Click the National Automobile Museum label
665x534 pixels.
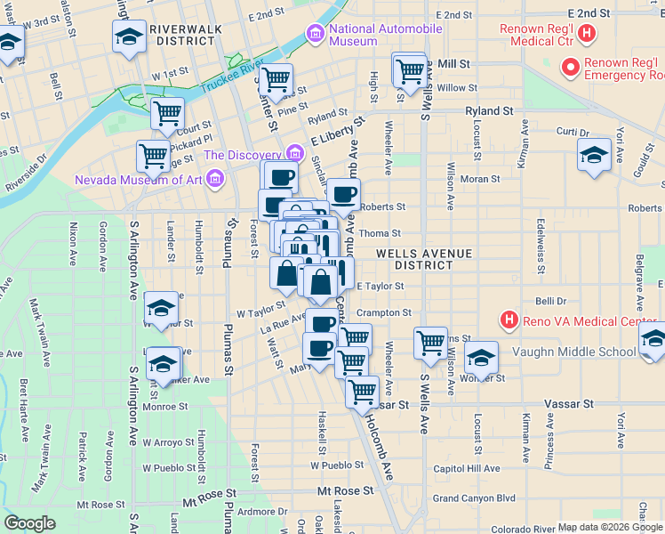coord(385,35)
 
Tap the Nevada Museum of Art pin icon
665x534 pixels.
coord(213,180)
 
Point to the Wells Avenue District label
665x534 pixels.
coord(423,259)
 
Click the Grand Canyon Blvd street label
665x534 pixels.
coord(474,498)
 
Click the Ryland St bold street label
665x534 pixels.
coord(489,111)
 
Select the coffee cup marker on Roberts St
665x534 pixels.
coord(344,193)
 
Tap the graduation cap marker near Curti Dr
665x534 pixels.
coord(594,156)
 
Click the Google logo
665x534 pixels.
coord(29,522)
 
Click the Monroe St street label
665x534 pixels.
coord(164,407)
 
